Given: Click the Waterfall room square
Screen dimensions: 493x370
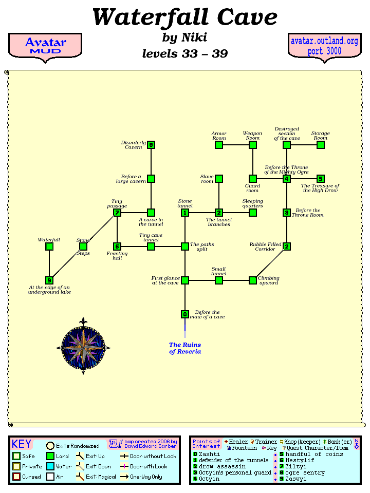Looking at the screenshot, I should (x=49, y=246).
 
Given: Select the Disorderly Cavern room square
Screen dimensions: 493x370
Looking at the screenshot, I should (x=151, y=145).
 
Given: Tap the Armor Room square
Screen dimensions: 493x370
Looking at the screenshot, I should (x=219, y=145).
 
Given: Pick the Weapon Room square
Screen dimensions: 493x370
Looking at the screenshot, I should (x=253, y=145).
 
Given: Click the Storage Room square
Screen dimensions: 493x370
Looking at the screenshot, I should (x=321, y=145).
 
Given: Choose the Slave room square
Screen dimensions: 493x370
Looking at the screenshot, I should (x=219, y=179).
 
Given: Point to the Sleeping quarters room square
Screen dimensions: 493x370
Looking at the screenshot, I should (x=253, y=213).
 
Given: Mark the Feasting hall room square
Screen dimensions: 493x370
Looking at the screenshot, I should (x=117, y=246).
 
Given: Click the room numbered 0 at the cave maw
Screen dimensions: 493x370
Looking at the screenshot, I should (x=185, y=314).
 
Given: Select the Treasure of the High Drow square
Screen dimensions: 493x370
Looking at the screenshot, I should (x=321, y=179).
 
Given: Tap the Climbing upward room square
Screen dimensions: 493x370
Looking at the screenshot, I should (x=253, y=280).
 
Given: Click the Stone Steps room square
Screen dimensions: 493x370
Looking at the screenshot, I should (x=83, y=246).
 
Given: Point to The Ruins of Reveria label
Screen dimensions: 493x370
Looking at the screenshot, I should (x=185, y=348).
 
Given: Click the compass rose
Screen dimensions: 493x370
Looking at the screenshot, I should (x=83, y=347).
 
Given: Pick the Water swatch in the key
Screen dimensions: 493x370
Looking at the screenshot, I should (x=50, y=466).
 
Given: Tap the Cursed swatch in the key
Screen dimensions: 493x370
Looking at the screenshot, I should (x=17, y=477).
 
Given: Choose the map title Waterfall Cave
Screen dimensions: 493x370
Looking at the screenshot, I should (x=184, y=17).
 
